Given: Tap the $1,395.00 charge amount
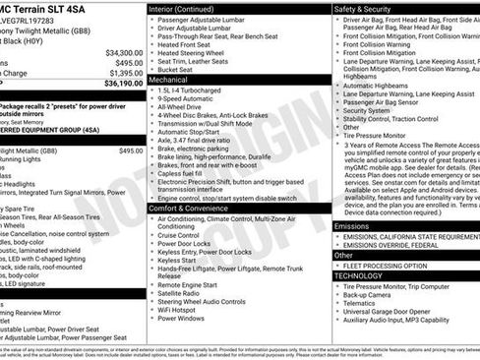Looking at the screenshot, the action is [125, 73].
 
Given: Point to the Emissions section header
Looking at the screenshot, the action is [352, 225].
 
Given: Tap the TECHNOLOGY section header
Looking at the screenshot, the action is [357, 276].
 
